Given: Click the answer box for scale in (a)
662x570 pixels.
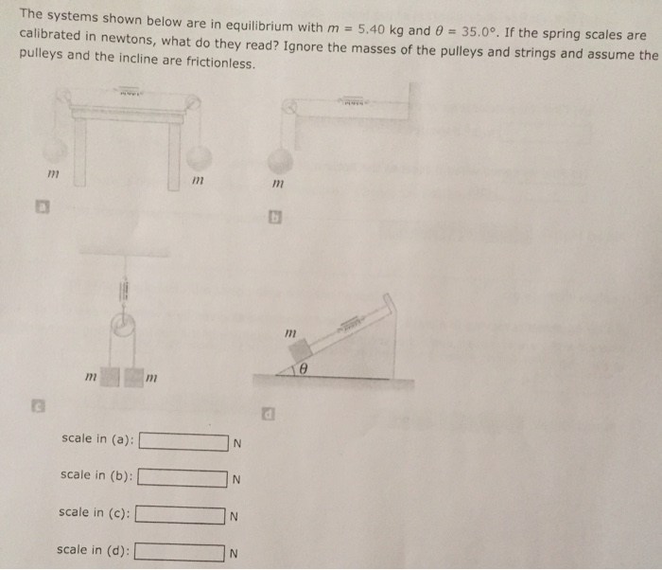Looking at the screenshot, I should coord(183,441).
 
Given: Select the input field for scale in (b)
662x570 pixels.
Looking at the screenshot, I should coord(183,478).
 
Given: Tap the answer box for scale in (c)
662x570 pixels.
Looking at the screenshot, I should coord(181,515).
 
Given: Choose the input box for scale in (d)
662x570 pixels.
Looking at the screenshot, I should coord(179,551).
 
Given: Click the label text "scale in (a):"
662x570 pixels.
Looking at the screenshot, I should coord(96,439).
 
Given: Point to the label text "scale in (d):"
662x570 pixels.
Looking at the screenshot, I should coord(93,549).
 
